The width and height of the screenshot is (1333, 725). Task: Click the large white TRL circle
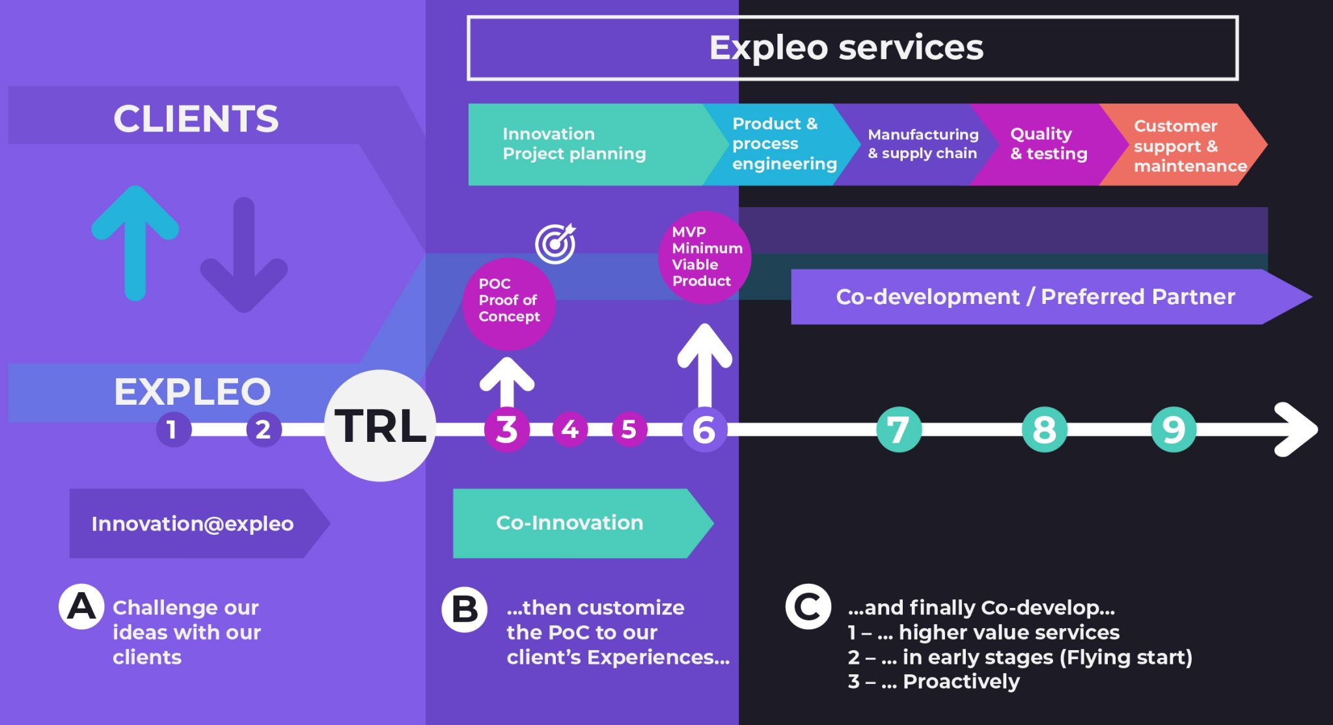[x=380, y=426]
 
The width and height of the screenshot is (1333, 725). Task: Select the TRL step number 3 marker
[x=506, y=430]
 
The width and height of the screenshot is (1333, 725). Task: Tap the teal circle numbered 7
[x=899, y=430]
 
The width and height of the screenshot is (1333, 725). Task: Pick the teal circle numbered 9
[x=1174, y=430]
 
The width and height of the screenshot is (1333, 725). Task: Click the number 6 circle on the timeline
[x=704, y=430]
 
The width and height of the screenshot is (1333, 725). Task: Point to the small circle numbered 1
[x=172, y=430]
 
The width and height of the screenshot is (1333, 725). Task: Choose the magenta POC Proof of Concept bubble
[x=508, y=303]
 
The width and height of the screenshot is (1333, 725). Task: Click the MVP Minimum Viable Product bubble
[x=704, y=256]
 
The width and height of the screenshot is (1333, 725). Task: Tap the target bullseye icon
[x=555, y=243]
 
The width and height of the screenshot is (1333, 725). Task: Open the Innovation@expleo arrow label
[x=193, y=523]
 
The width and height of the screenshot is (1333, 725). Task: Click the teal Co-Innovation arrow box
[x=570, y=523]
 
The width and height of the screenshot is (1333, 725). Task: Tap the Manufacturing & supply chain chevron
[x=921, y=144]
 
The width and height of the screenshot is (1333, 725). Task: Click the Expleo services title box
[x=852, y=48]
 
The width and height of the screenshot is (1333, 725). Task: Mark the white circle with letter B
[x=465, y=609]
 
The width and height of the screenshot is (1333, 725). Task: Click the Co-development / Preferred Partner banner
[x=1035, y=297]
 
